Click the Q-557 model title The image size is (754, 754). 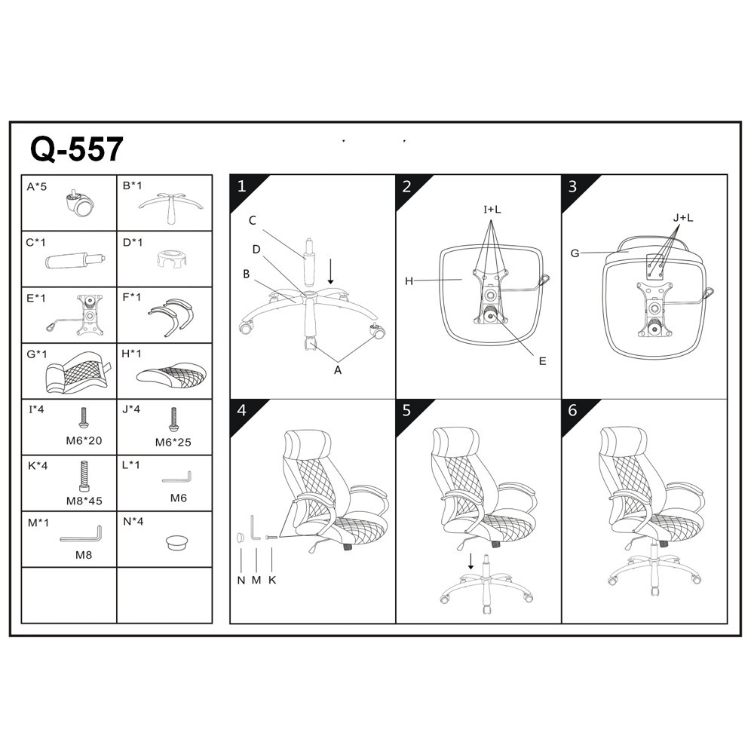click(x=77, y=149)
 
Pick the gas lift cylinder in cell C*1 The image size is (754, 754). click(x=75, y=261)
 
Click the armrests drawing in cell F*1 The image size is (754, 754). click(x=170, y=316)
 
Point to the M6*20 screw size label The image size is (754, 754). click(x=84, y=440)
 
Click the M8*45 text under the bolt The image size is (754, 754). click(x=84, y=501)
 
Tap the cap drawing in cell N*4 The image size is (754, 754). click(x=176, y=542)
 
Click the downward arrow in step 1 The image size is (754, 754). click(x=330, y=271)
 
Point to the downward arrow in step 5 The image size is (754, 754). click(x=470, y=561)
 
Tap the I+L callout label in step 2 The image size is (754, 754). click(x=492, y=210)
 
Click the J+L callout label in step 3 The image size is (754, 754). click(x=683, y=218)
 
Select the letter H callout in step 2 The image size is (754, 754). click(x=409, y=281)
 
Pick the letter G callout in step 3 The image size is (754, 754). click(x=575, y=253)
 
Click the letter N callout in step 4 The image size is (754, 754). click(x=241, y=581)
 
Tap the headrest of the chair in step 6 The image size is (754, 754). click(x=623, y=440)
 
